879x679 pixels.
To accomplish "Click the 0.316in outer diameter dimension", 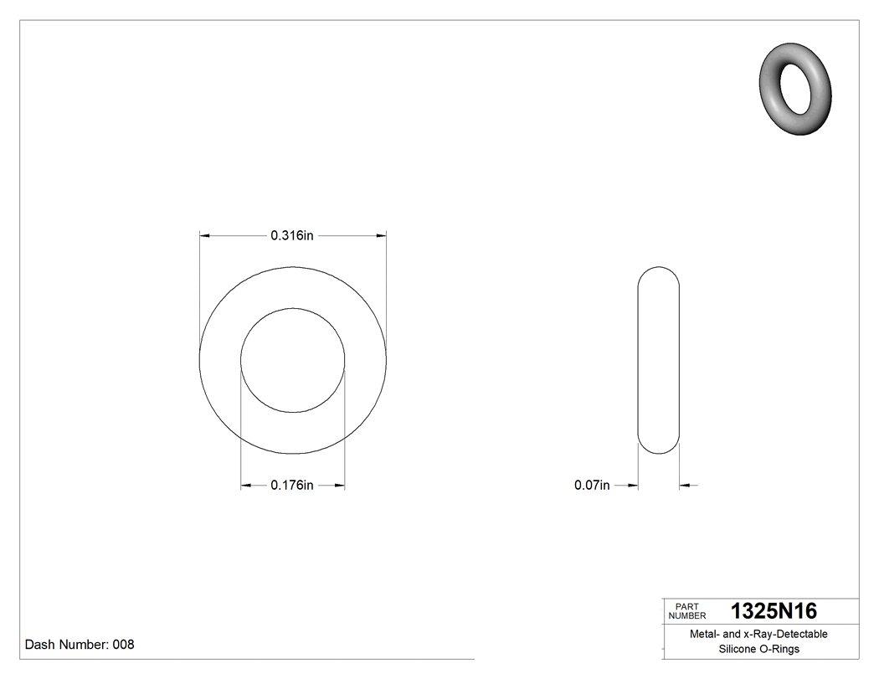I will point(291,236).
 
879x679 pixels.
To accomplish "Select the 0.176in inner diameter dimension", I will point(291,486).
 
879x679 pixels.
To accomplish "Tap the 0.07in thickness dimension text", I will point(592,486).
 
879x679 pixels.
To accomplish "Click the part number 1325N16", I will point(774,610).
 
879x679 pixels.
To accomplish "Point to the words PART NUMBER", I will point(685,610).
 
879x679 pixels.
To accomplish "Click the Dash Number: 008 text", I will point(80,645).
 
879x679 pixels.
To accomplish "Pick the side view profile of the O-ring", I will point(659,360).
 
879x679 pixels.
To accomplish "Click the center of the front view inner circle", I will point(292,360).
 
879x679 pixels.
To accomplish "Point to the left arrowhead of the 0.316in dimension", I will point(203,236).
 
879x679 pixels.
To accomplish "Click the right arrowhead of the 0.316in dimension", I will point(382,236).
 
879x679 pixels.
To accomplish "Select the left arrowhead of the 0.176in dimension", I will point(245,486).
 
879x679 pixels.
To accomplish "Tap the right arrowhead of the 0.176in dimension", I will point(340,486).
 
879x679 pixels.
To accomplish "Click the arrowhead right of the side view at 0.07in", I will point(684,486).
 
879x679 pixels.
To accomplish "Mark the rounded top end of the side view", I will point(659,271).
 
